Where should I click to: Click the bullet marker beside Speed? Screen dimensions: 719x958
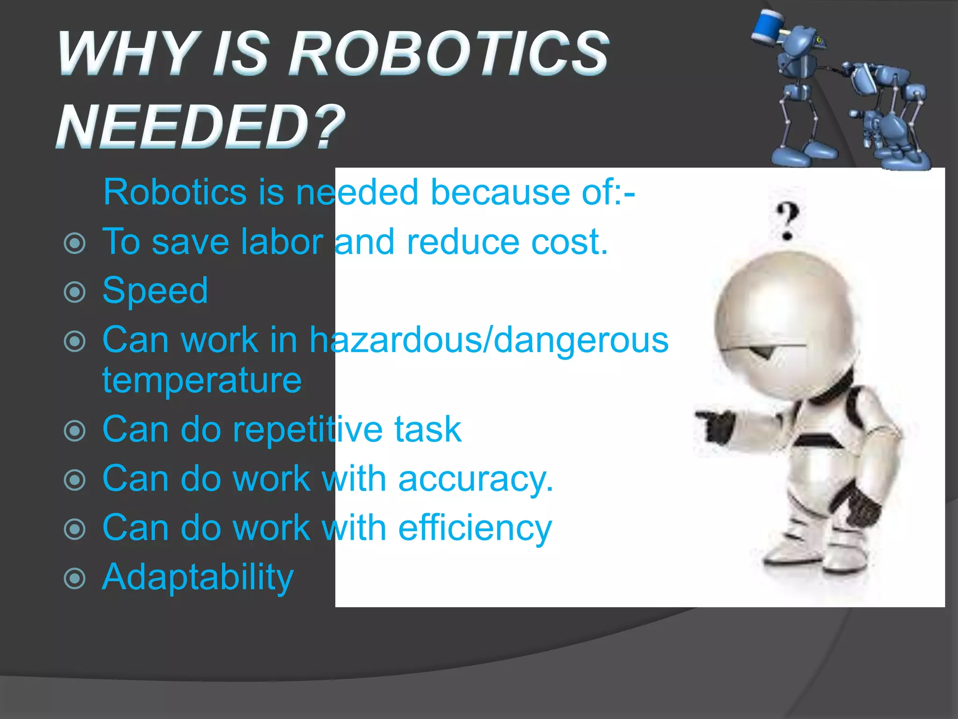coord(75,293)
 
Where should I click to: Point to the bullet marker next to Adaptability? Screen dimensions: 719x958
coord(75,579)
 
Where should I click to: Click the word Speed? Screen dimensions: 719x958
coord(155,291)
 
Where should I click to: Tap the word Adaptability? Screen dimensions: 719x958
coord(197,578)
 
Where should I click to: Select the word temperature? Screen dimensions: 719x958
coord(202,380)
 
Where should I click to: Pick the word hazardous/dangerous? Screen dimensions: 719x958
coord(489,340)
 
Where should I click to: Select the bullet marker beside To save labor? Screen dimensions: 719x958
coord(75,243)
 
